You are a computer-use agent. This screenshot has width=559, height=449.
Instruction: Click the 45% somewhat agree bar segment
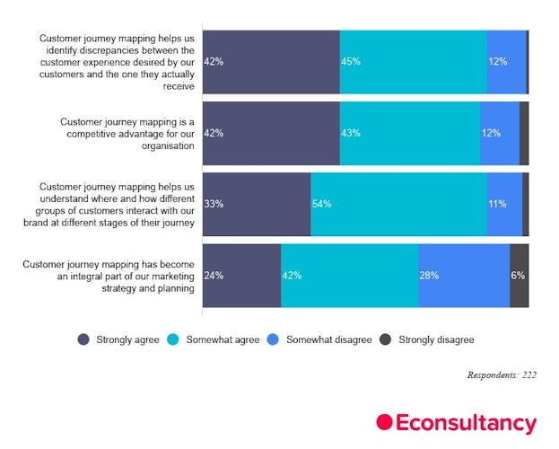(413, 61)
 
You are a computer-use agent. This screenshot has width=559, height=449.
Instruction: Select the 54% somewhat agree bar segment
(398, 204)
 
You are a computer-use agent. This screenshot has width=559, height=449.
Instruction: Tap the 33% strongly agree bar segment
(257, 204)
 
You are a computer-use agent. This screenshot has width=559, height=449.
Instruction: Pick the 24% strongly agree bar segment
(241, 276)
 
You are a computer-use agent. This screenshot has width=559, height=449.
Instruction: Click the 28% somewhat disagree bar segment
(463, 276)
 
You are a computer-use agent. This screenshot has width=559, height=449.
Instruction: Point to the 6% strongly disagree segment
(519, 276)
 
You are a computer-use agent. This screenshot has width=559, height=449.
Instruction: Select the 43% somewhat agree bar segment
(409, 133)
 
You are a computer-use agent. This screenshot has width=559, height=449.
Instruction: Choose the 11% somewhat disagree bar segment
(504, 204)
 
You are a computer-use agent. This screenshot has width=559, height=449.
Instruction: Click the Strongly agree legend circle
(83, 339)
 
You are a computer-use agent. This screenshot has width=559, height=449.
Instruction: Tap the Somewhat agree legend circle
(173, 339)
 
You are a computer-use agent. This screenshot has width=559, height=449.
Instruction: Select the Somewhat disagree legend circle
(275, 339)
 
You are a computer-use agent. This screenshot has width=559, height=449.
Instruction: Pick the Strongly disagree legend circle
(386, 339)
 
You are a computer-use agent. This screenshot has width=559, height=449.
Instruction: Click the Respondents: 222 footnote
(502, 374)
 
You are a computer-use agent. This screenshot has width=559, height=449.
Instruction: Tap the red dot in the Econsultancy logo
(385, 422)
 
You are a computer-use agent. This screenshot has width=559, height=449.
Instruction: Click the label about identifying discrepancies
(117, 62)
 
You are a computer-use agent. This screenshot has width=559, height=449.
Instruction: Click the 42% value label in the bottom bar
(292, 276)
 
